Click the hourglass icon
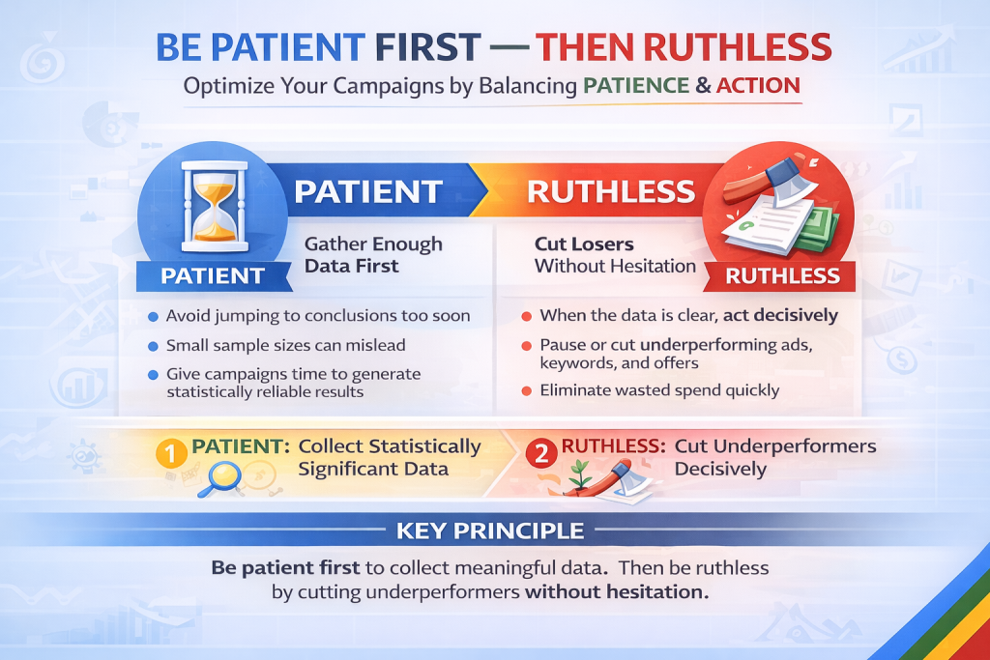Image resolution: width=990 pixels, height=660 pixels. (214, 207)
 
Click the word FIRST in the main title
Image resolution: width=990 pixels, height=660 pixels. (427, 47)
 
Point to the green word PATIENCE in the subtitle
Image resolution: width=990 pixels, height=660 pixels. (636, 85)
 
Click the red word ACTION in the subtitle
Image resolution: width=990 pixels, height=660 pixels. (758, 85)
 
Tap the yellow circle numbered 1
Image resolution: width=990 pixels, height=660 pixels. (170, 453)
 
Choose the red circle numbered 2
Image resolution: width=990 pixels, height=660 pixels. (541, 453)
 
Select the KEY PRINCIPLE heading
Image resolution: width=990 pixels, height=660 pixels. (490, 531)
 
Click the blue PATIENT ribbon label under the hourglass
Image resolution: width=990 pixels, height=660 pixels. (213, 275)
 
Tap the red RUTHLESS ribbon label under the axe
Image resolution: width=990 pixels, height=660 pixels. (782, 275)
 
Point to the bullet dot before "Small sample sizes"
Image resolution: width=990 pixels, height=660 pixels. (153, 346)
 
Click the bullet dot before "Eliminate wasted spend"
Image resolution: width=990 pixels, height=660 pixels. (527, 391)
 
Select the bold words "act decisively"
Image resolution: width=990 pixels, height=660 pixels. (780, 315)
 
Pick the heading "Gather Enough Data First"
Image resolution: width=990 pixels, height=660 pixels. (373, 255)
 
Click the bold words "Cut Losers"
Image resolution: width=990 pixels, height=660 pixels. (584, 244)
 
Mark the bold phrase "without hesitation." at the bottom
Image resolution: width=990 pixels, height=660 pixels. (617, 591)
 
